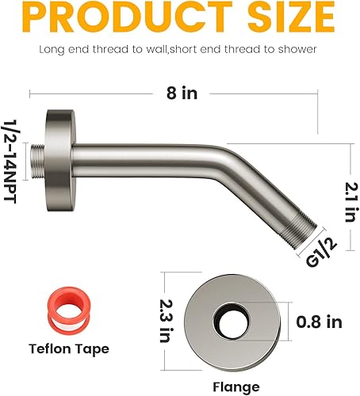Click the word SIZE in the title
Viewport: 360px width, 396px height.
[x=283, y=17]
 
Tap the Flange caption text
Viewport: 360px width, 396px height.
[x=236, y=386]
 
